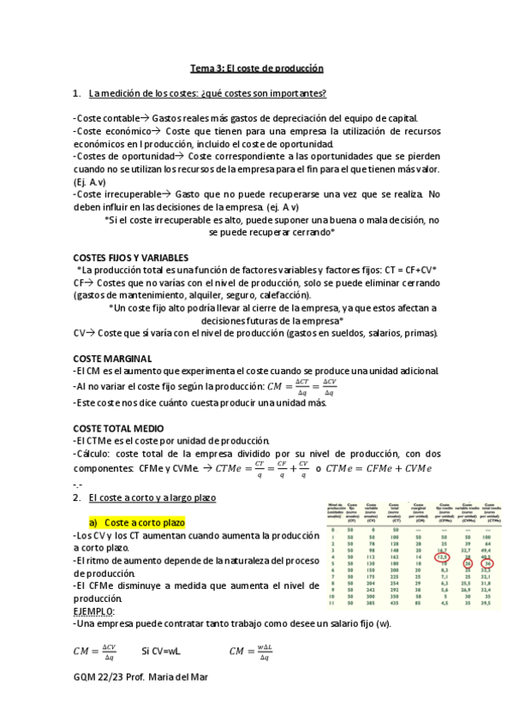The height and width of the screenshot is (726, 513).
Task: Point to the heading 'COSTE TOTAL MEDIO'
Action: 122,427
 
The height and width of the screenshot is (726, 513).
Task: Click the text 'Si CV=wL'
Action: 164,653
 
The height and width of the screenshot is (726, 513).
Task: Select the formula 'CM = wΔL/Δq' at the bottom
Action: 252,653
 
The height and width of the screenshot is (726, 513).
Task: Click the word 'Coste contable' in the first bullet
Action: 107,118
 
